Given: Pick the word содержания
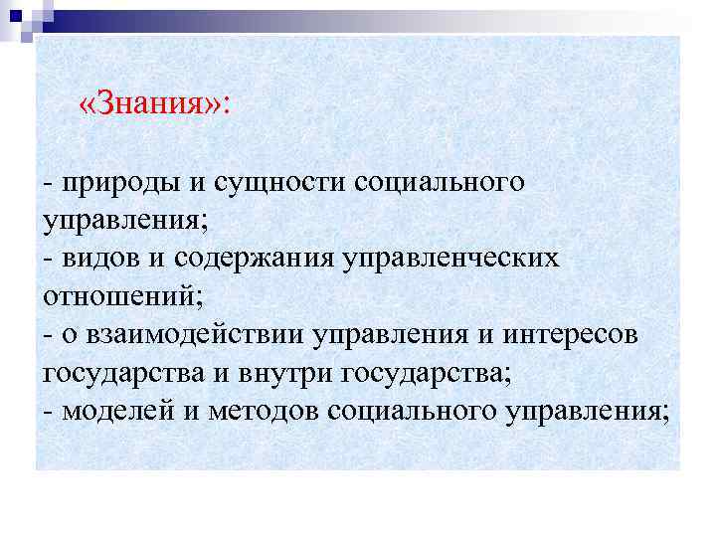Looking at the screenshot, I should click(x=255, y=259).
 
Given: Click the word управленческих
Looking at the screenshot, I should click(x=450, y=259).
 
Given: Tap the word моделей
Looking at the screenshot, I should click(x=112, y=409).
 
